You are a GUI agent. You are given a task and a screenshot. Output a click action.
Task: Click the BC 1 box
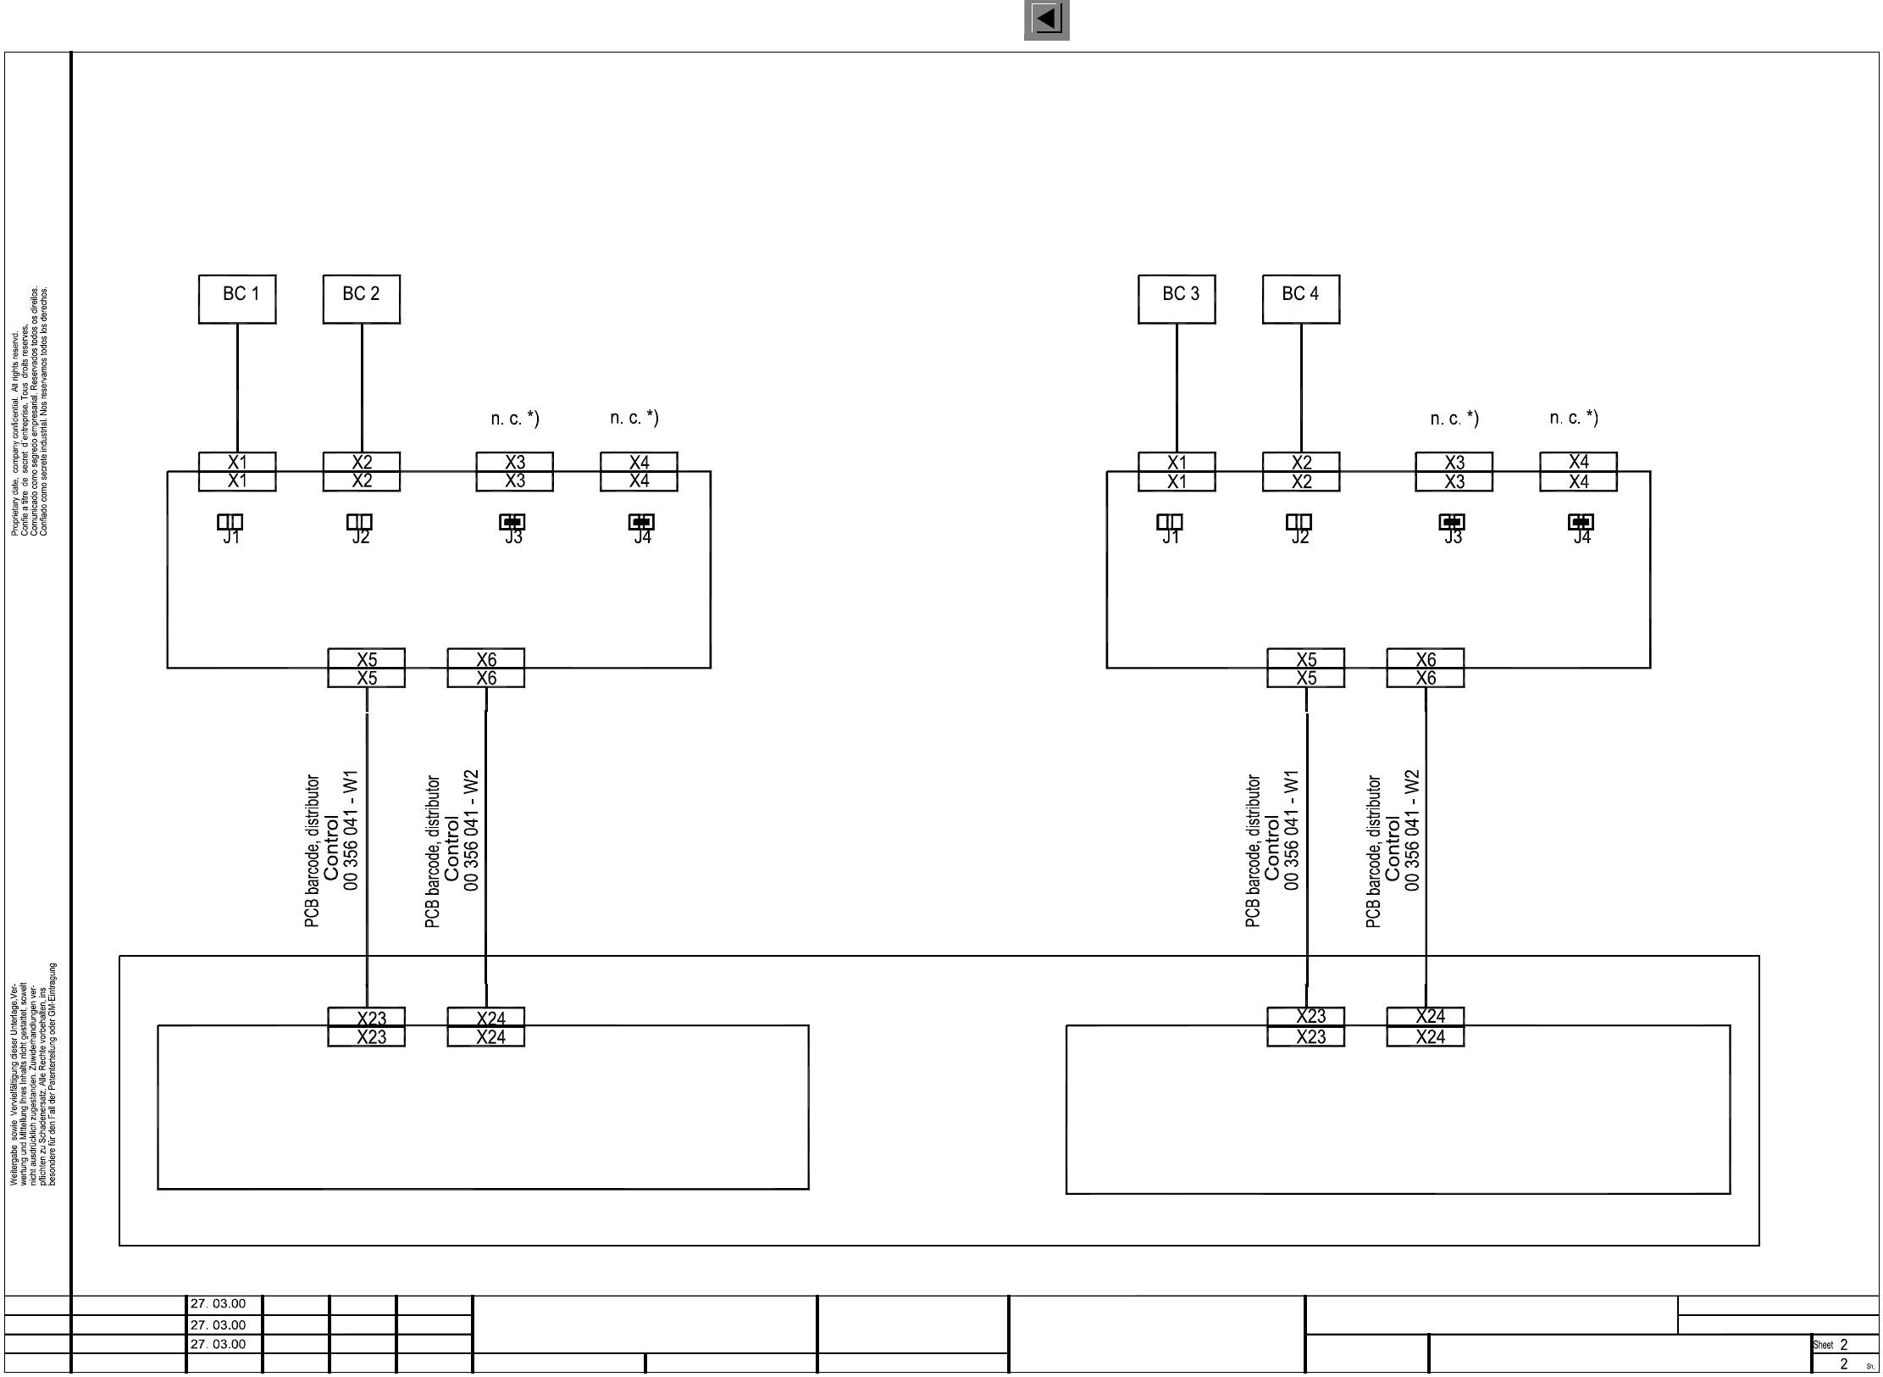(x=237, y=298)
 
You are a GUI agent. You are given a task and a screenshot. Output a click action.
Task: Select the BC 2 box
(x=361, y=298)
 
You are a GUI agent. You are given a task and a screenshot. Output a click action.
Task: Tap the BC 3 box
(x=1177, y=298)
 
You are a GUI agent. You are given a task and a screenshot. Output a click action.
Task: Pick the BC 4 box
(x=1301, y=298)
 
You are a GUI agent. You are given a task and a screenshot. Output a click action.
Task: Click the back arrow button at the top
(x=1047, y=19)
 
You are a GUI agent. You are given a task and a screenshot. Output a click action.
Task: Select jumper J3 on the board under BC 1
(x=512, y=522)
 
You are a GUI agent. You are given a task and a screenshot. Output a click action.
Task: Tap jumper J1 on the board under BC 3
(x=1170, y=522)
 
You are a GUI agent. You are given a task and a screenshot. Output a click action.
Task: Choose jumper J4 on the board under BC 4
(x=1581, y=522)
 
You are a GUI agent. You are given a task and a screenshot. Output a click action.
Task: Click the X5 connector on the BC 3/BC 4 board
(x=1305, y=668)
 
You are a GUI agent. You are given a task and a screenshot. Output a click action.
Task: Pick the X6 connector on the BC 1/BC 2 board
(x=485, y=668)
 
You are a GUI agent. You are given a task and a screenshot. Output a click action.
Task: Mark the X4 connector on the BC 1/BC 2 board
(x=639, y=471)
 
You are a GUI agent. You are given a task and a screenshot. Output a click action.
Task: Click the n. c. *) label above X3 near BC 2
(x=515, y=419)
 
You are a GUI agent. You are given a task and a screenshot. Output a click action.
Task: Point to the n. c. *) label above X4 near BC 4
(x=1574, y=418)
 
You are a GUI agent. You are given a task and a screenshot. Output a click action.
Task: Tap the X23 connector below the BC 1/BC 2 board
(x=366, y=1026)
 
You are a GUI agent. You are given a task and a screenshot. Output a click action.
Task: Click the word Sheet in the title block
(x=1822, y=1345)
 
